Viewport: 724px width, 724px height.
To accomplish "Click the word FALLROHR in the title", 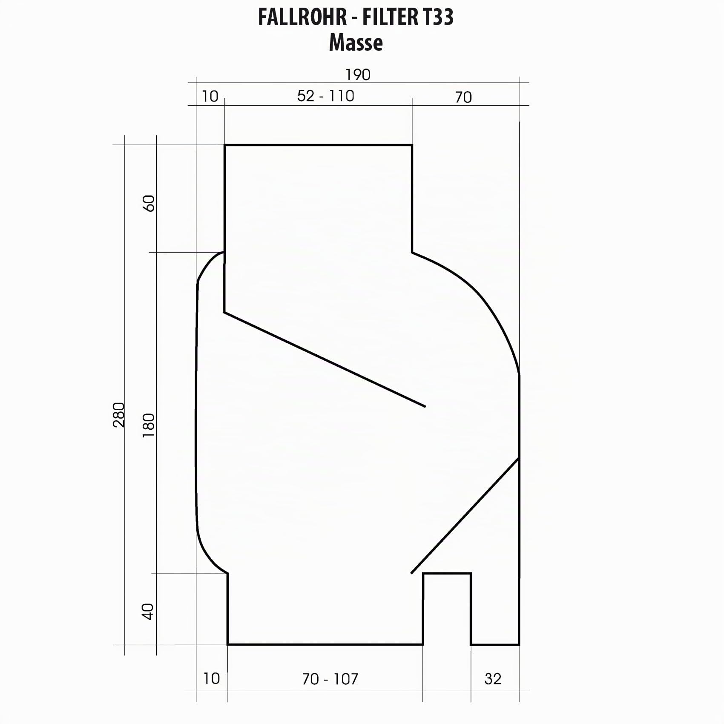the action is (302, 17).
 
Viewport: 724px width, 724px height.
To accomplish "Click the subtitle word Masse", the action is (356, 43).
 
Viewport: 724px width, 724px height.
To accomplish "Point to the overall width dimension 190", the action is (358, 75).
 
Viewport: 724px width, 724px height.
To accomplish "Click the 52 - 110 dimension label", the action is (326, 96).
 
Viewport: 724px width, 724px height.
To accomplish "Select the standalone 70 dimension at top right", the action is (463, 98).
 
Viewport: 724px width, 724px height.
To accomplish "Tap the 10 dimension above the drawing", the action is (210, 97).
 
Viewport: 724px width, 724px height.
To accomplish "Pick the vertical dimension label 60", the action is (149, 203).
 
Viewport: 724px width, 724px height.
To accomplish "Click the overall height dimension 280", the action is (119, 414).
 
